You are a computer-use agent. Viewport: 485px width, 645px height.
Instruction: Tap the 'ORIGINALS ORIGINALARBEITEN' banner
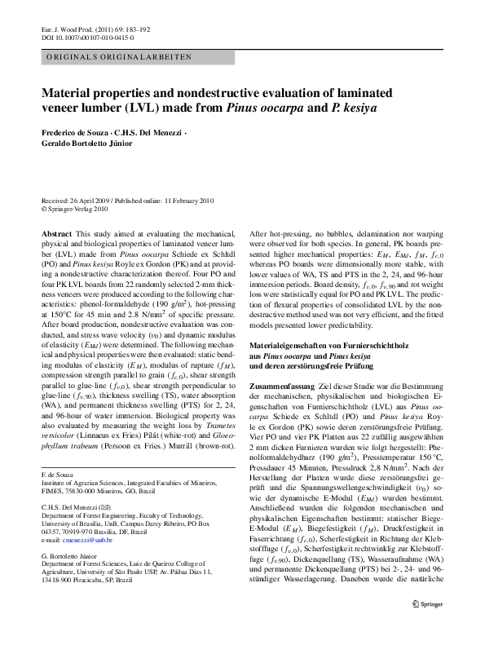click(119, 57)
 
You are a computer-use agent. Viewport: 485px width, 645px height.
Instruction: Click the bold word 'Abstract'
click(56, 233)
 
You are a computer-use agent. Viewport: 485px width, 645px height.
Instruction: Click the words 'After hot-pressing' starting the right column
click(278, 233)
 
